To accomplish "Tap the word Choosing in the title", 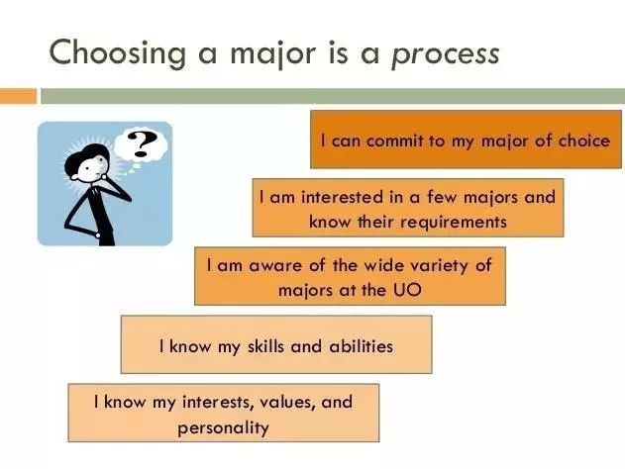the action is click(x=118, y=53).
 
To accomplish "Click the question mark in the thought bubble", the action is click(x=141, y=144).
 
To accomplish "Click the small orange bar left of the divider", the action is click(x=18, y=96).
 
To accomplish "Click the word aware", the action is click(x=275, y=266).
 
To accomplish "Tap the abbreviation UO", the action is click(x=407, y=290).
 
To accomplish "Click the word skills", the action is click(x=265, y=346).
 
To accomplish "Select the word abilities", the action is click(x=362, y=346).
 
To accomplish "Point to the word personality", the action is click(x=223, y=428).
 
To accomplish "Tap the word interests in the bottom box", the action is click(x=219, y=402).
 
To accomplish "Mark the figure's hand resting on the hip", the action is click(x=98, y=235).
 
